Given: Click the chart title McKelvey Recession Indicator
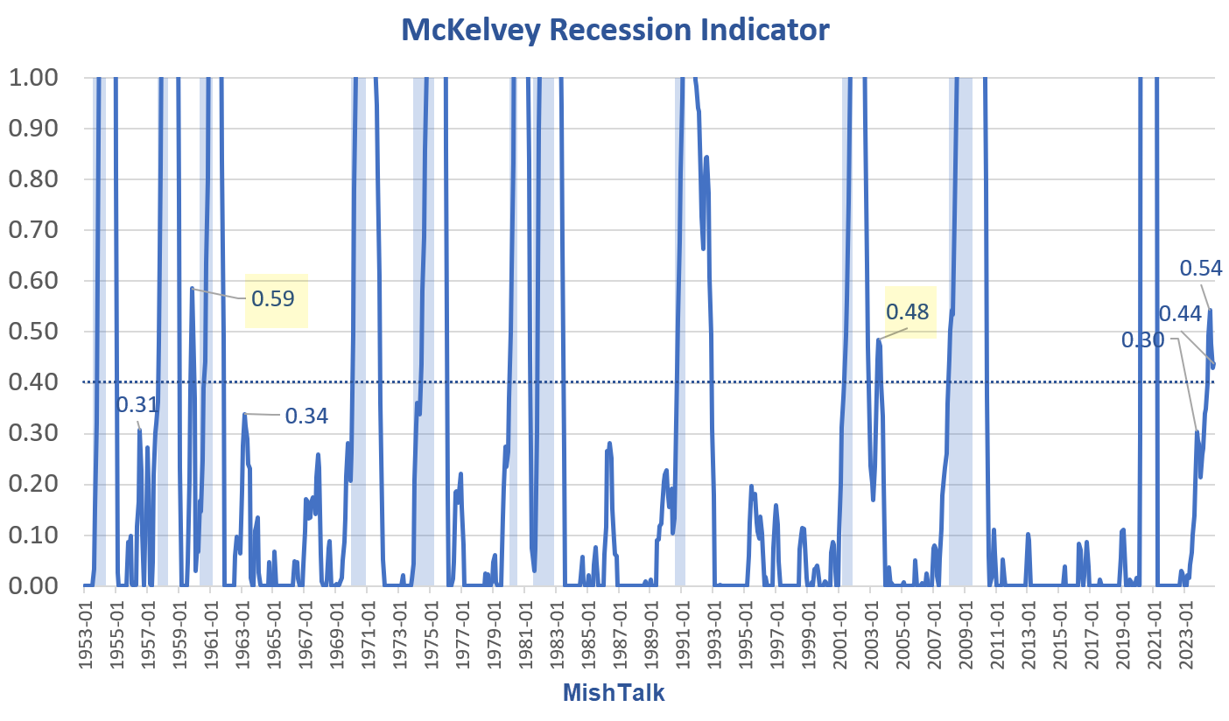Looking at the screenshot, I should coord(614,30).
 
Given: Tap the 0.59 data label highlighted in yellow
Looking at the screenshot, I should coord(273,298).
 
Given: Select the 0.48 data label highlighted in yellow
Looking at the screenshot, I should coord(908,311).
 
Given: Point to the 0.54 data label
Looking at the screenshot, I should coord(1201,268).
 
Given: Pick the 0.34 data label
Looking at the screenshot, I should coord(306,416).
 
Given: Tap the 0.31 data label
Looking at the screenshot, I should coord(137,404).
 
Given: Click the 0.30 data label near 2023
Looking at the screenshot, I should coord(1142,339).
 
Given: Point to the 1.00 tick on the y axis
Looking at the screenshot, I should coord(35,78).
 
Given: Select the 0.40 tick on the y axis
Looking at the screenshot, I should coord(35,382).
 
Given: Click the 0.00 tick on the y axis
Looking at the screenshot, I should coord(35,585).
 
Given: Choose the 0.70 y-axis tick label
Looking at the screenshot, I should coord(35,230).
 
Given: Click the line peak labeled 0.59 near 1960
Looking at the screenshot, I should coord(192,288).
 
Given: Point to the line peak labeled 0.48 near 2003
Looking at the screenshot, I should coord(878,340).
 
